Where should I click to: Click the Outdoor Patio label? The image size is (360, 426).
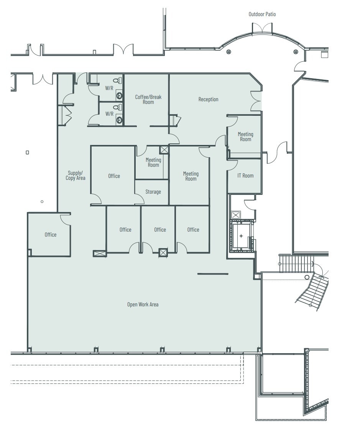(262, 14)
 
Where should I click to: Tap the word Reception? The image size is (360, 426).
(208, 99)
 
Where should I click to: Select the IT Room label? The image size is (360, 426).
(245, 176)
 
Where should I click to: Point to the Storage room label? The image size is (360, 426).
(153, 192)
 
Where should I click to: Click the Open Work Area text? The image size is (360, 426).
(143, 304)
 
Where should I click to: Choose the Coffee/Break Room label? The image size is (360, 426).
(148, 99)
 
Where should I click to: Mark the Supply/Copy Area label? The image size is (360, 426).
(75, 176)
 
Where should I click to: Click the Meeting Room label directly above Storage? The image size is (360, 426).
(153, 163)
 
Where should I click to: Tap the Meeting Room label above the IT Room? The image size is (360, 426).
(245, 137)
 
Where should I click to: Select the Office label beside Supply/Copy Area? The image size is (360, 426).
(114, 176)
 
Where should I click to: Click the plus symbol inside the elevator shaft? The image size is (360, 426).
(241, 236)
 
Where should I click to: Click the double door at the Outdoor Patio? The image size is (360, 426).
(262, 29)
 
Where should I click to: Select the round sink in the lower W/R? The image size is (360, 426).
(119, 120)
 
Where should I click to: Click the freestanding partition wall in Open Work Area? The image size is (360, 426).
(213, 274)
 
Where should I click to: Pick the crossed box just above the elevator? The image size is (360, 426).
(236, 215)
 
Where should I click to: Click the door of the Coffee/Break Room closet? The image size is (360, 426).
(174, 120)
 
